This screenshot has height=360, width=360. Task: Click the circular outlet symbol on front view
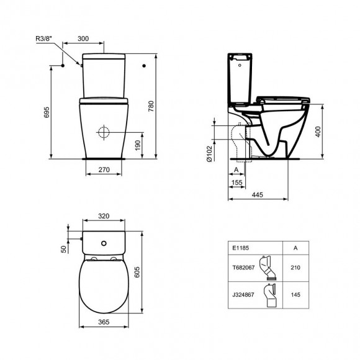(x=104, y=132)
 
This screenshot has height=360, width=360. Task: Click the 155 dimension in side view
(x=237, y=184)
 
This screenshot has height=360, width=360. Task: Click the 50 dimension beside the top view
(x=63, y=248)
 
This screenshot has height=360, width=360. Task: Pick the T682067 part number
(x=243, y=269)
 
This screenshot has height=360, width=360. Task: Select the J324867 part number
(x=243, y=295)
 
